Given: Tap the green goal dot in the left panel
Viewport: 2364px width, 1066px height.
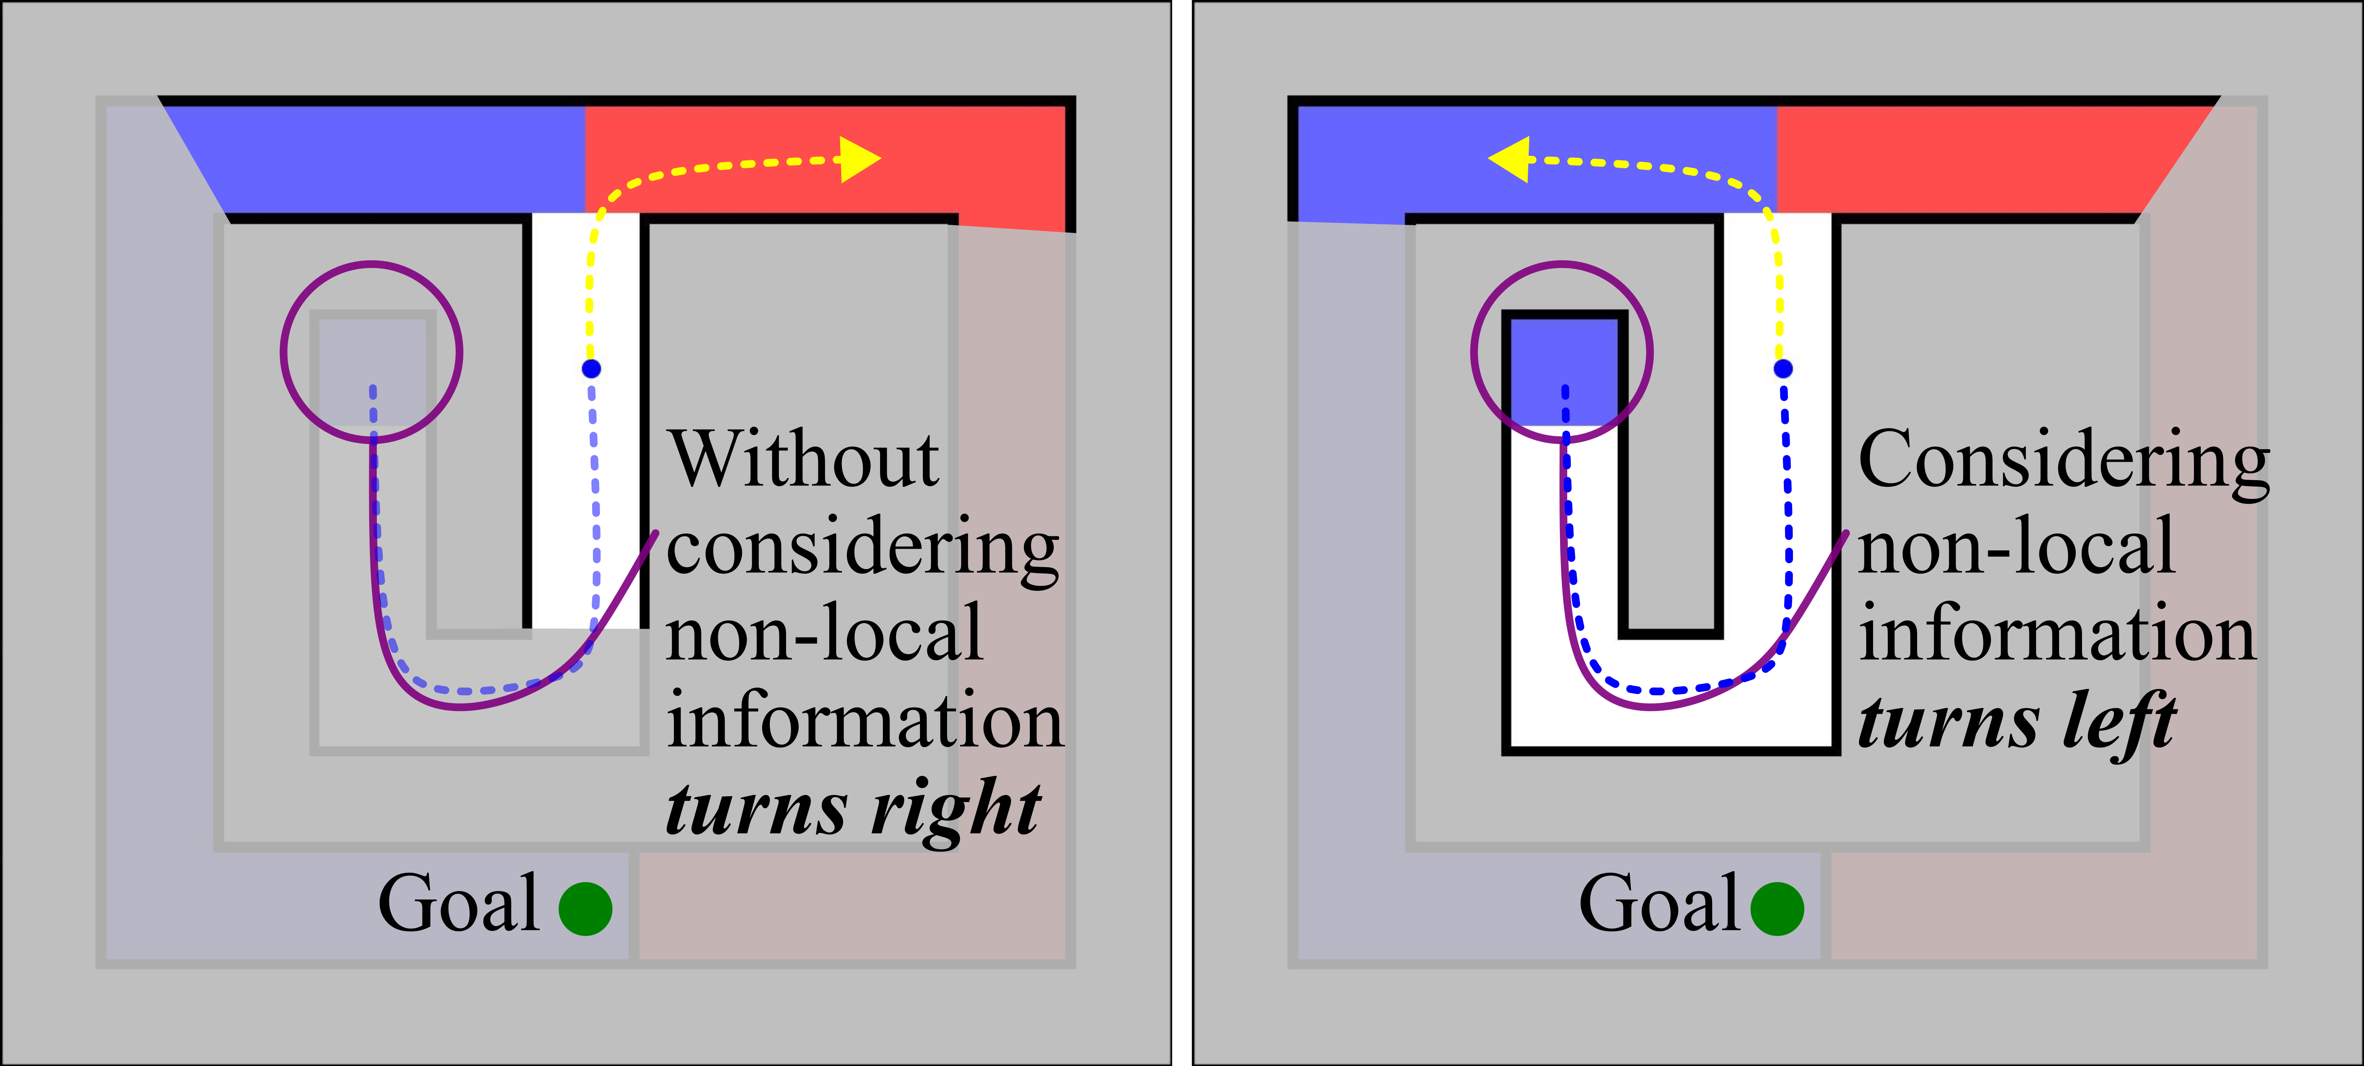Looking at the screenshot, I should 585,909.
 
